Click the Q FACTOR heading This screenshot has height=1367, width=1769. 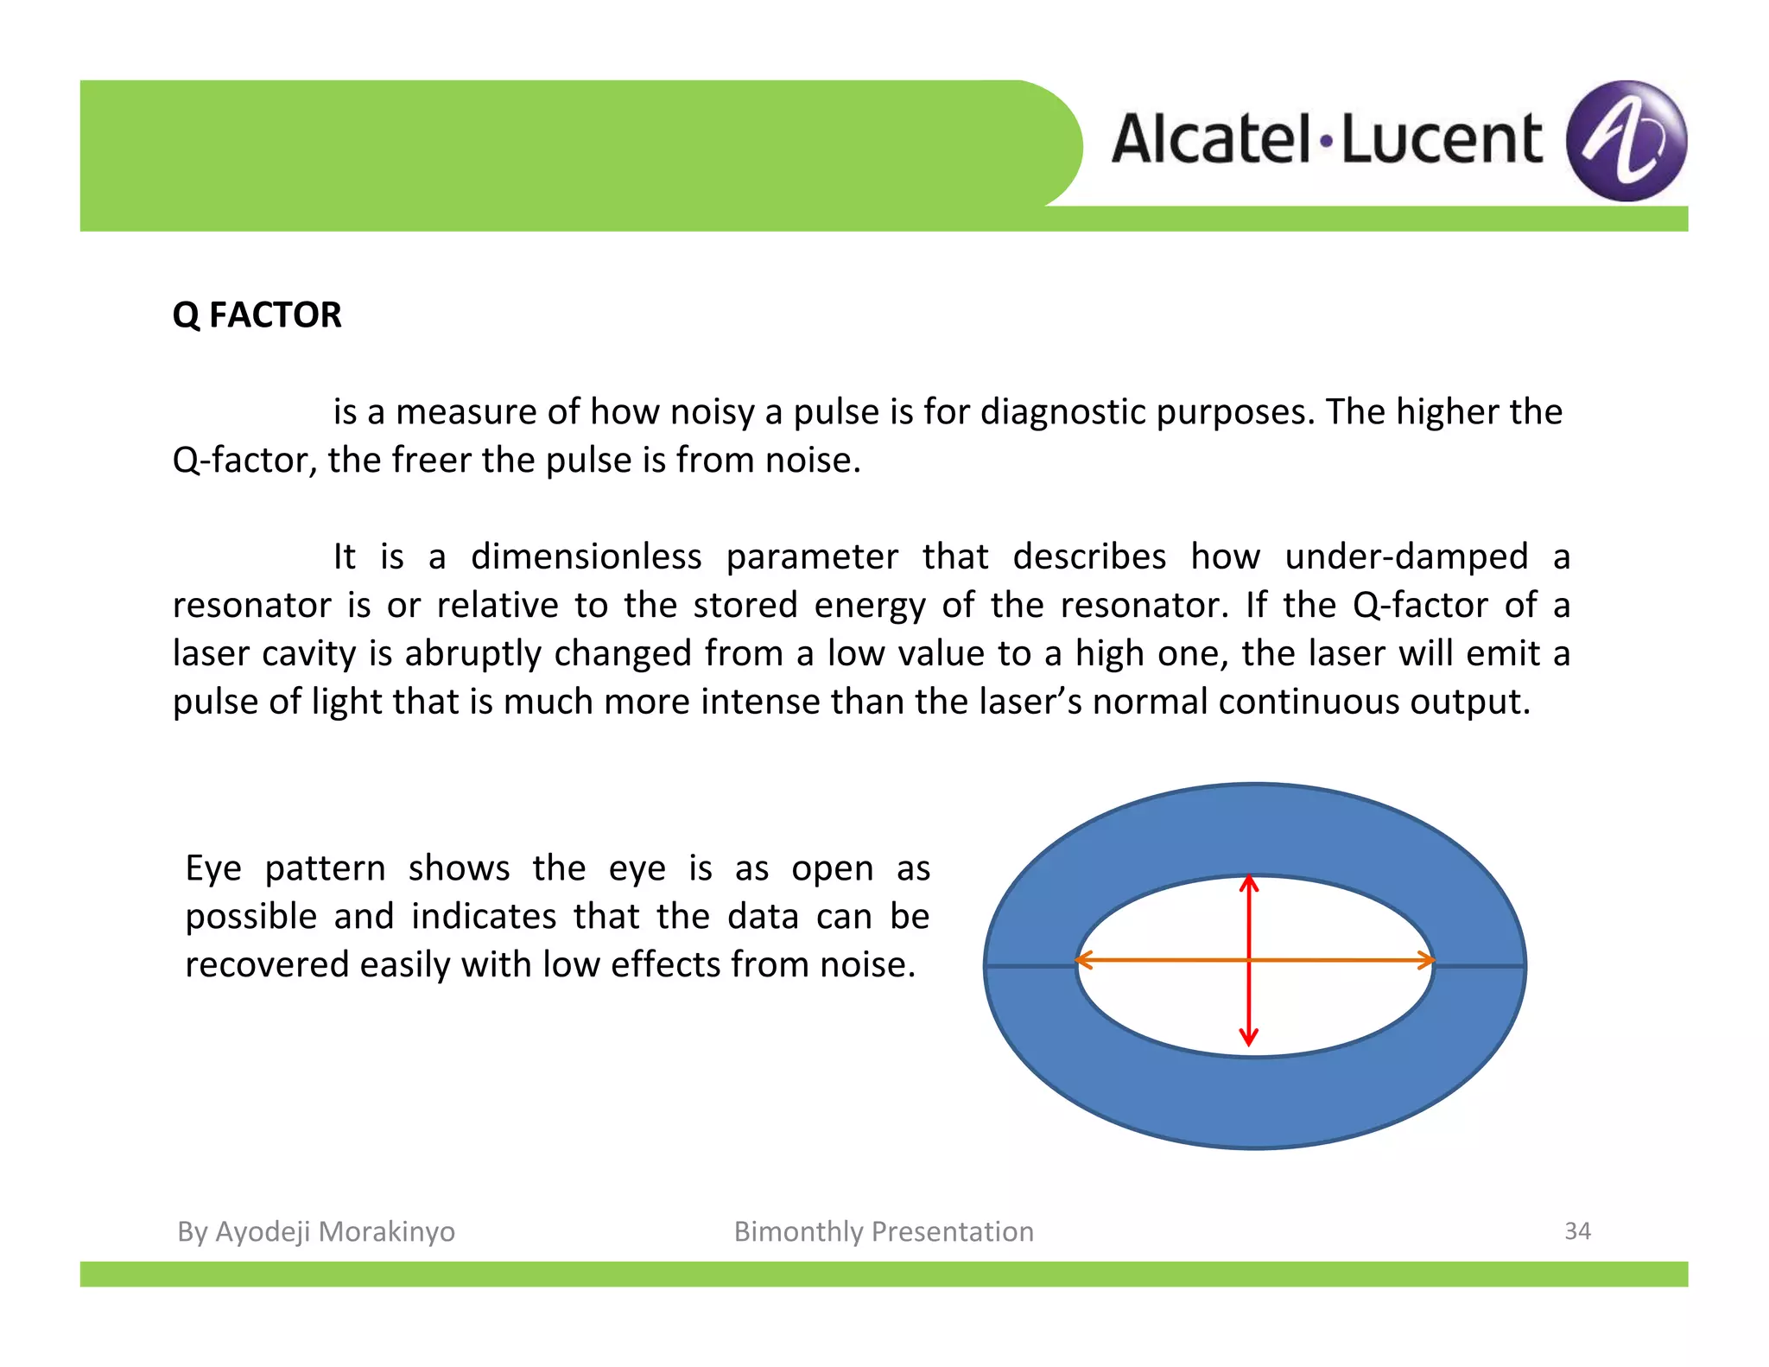257,315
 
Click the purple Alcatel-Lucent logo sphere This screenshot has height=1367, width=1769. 1626,141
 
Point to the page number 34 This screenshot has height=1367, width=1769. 1577,1230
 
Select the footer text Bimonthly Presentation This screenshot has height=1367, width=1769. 884,1231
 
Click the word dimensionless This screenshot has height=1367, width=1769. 586,556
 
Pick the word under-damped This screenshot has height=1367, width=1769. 1406,556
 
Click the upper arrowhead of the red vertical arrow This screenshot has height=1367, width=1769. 1249,883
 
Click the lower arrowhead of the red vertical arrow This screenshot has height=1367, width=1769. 1249,1037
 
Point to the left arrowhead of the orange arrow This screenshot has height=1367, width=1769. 1083,960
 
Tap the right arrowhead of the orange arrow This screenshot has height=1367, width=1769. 1426,960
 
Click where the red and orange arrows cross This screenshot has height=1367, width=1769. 1249,960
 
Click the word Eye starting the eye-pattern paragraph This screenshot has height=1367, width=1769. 213,868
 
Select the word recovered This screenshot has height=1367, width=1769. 267,964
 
